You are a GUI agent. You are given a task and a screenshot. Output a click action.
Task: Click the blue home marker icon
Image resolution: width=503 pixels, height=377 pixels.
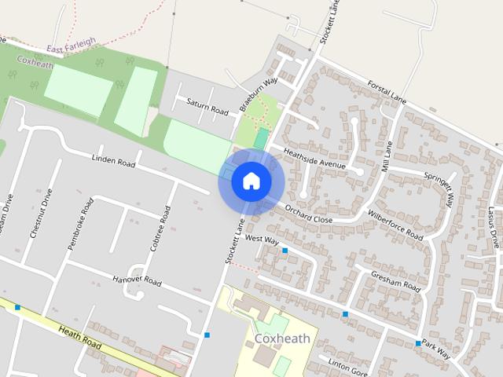pyautogui.click(x=251, y=181)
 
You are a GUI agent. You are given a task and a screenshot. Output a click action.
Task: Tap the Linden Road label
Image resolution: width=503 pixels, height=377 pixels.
pyautogui.click(x=113, y=161)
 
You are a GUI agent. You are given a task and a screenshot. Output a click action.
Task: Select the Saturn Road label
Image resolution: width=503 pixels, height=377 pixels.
pyautogui.click(x=207, y=106)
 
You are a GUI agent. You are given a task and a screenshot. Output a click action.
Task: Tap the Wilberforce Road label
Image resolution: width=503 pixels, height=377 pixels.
pyautogui.click(x=395, y=225)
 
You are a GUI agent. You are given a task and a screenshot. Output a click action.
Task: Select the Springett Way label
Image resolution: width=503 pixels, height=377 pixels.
pyautogui.click(x=439, y=188)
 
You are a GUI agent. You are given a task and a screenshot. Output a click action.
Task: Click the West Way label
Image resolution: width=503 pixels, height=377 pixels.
pyautogui.click(x=262, y=238)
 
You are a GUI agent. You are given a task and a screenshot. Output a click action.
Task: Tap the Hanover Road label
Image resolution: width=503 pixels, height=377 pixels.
pyautogui.click(x=136, y=280)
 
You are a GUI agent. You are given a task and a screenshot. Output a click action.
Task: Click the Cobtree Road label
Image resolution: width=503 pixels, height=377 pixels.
pyautogui.click(x=159, y=228)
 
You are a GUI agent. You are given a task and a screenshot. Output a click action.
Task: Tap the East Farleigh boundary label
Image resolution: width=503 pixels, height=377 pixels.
pyautogui.click(x=71, y=42)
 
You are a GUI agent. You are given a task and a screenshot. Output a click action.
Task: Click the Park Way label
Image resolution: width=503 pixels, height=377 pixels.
pyautogui.click(x=435, y=350)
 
